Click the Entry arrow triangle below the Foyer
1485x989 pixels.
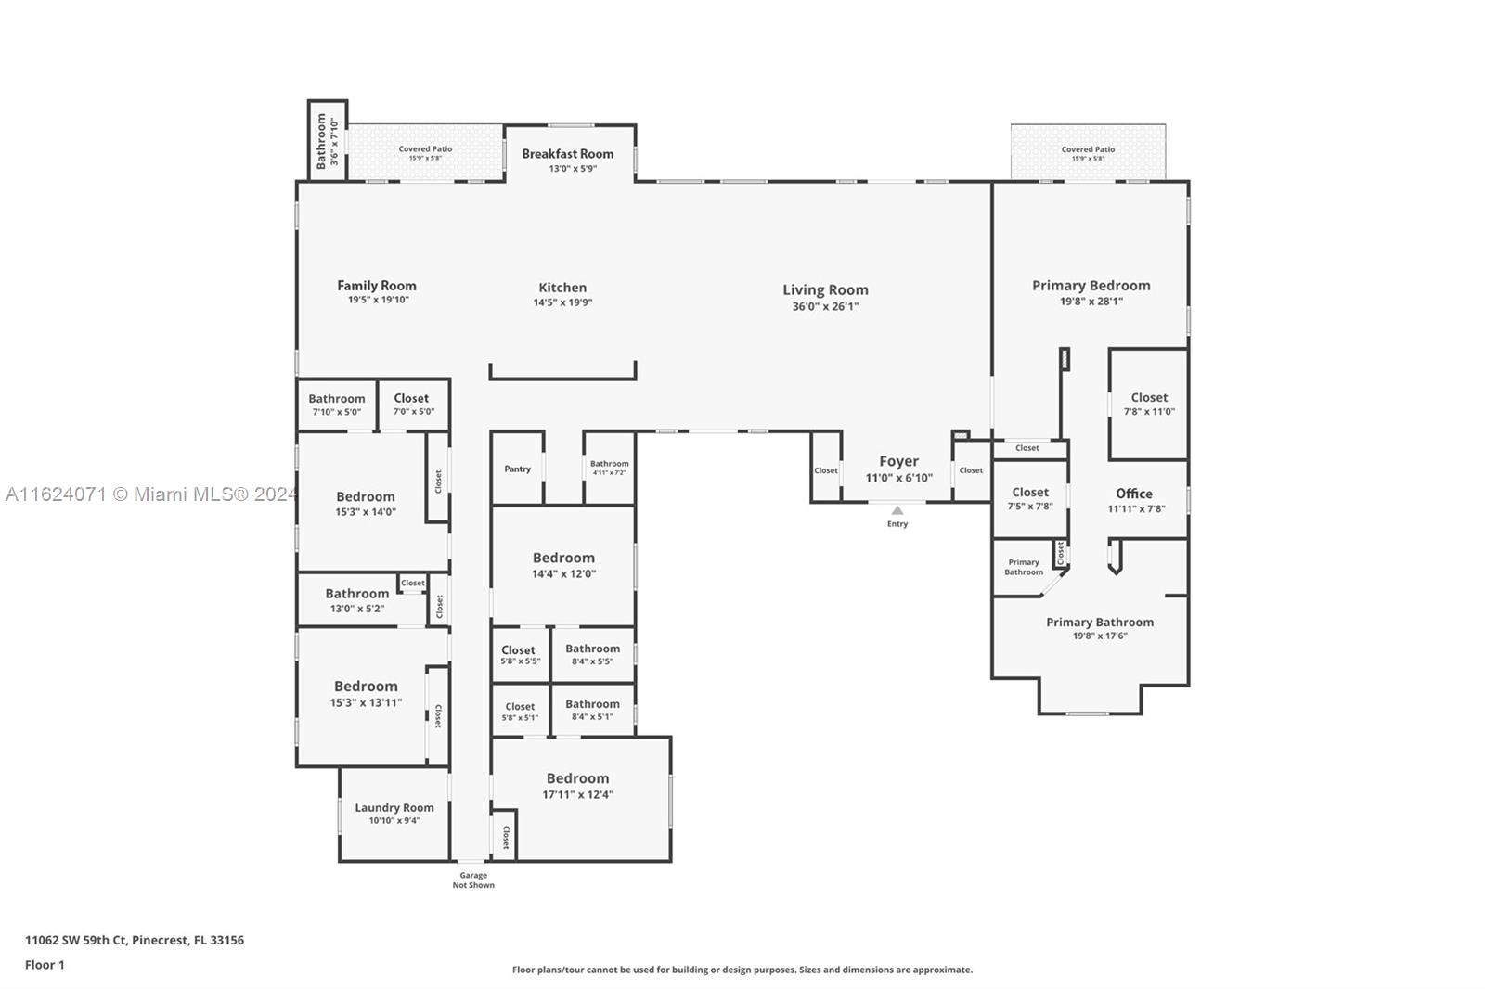897,510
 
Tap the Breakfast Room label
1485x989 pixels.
567,154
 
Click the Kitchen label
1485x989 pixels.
562,288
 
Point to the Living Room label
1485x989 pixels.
825,289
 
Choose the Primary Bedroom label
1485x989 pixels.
1091,286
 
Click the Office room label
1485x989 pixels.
1134,494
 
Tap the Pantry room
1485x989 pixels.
517,469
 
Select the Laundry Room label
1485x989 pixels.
394,807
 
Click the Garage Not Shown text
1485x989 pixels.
473,880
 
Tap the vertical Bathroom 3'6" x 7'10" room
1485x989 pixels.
327,141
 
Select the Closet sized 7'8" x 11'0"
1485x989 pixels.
1149,404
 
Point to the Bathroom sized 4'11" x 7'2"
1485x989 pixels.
609,468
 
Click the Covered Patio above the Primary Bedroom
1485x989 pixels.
1088,153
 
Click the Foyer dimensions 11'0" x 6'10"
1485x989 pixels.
898,478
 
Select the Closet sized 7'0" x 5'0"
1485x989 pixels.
412,404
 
